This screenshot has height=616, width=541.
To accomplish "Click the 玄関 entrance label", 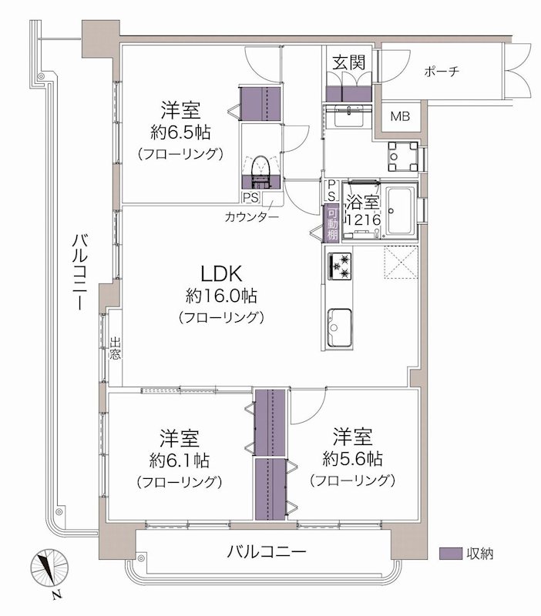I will (348, 62).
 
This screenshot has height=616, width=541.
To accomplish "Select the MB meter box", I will (400, 117).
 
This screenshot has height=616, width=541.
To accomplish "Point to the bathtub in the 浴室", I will (401, 212).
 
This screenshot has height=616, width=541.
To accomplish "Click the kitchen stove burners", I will (340, 265).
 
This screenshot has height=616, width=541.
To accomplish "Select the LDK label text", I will (222, 273).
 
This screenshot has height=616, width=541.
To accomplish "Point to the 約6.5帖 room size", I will (180, 131).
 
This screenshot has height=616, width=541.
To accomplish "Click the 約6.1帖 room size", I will (180, 461).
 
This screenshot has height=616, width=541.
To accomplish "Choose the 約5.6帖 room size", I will (352, 459).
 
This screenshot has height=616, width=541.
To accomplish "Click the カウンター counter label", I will (253, 217).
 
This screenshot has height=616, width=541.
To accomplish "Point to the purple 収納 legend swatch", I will (450, 553).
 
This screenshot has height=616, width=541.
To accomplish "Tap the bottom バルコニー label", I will (267, 552).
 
